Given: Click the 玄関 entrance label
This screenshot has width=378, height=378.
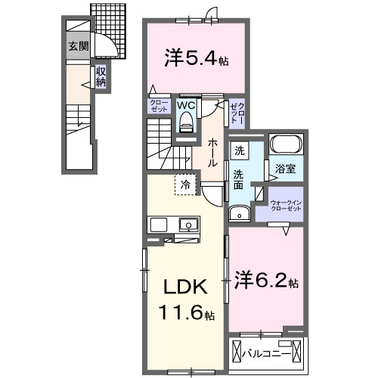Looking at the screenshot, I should (78, 46).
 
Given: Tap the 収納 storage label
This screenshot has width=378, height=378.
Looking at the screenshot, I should (101, 77).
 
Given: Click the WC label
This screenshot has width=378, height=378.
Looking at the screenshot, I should (186, 106).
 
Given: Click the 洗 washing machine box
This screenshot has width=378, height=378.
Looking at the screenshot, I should (239, 150).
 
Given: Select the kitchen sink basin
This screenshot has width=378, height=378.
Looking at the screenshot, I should (187, 225).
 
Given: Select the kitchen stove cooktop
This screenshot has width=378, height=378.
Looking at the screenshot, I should (159, 225).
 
